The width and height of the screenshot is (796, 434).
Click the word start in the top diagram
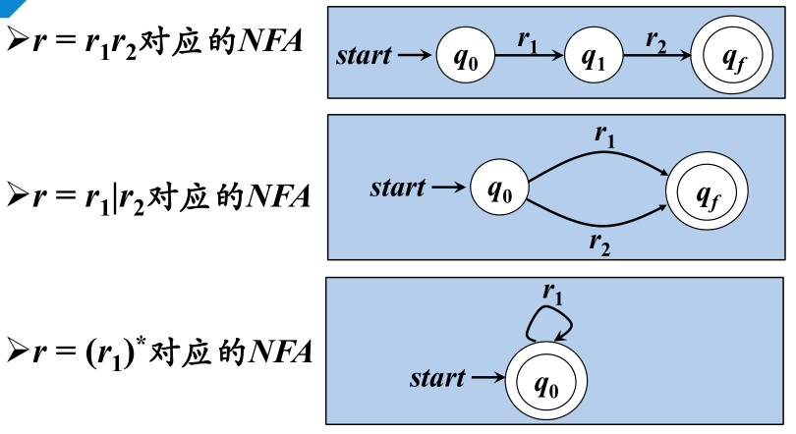click(364, 56)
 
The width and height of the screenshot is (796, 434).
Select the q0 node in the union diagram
click(499, 188)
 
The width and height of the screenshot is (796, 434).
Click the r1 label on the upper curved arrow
click(604, 135)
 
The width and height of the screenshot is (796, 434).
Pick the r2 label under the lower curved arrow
click(599, 244)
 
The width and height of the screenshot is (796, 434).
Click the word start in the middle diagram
click(398, 187)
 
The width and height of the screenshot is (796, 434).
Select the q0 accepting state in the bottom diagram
click(546, 382)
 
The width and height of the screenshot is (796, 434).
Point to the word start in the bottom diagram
click(437, 377)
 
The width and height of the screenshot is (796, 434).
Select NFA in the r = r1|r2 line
click(277, 196)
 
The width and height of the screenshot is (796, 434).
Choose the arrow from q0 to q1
click(529, 57)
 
